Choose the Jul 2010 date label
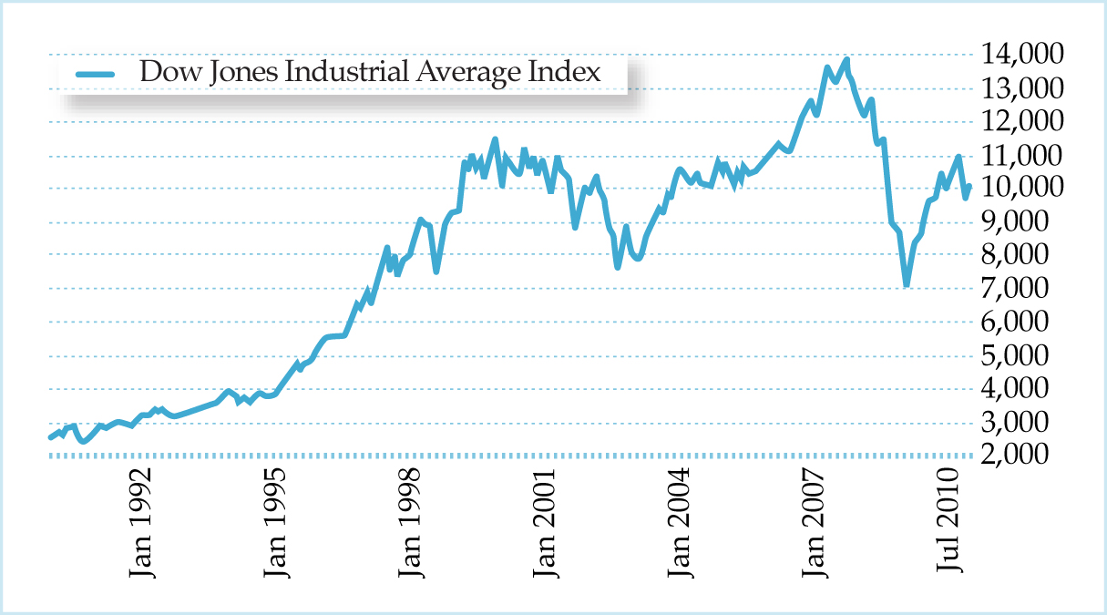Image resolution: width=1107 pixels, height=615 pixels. [952, 519]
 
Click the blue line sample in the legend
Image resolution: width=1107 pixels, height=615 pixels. [95, 73]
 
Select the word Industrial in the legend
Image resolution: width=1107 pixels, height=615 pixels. [349, 72]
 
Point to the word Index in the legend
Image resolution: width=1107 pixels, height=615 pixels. [571, 72]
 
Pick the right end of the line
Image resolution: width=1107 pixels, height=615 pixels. [969, 187]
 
